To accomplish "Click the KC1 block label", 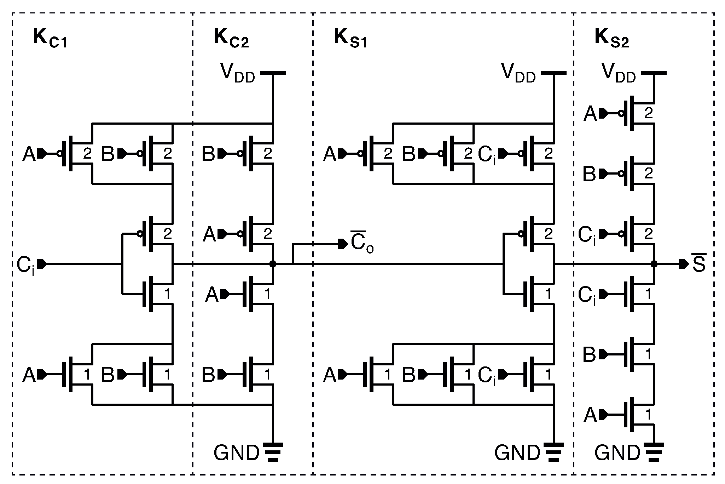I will [50, 38].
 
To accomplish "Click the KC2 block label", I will [231, 38].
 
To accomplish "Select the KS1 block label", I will [350, 38].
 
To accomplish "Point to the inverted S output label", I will [699, 264].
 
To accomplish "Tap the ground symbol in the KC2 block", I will [273, 452].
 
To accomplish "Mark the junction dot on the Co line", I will [273, 264].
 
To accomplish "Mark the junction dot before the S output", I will [654, 264].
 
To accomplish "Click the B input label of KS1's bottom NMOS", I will [409, 374].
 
